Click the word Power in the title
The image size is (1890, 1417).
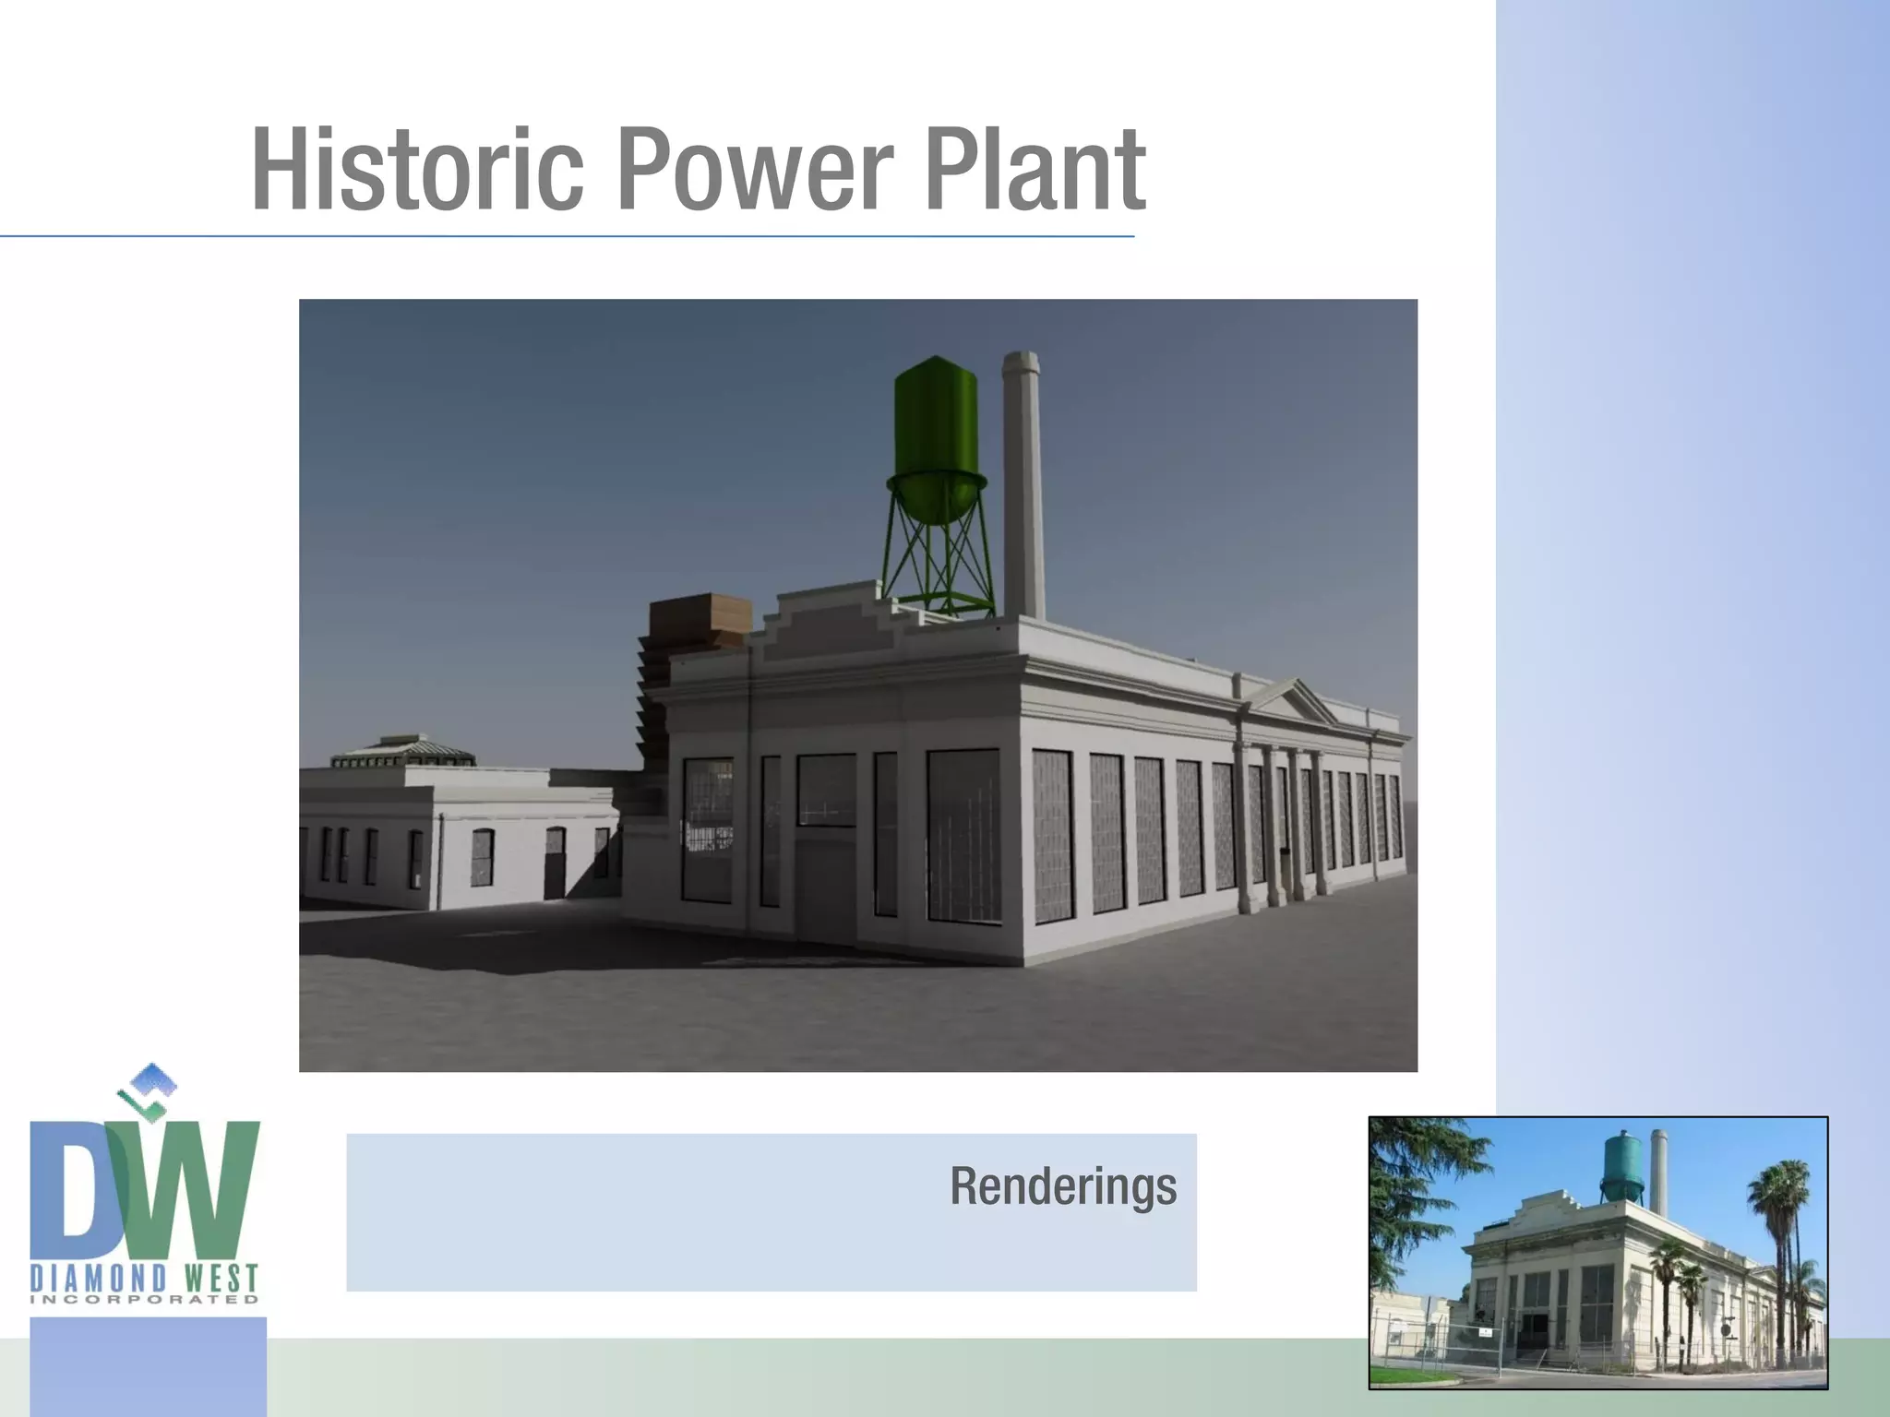click(755, 171)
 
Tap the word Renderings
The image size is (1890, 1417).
click(1063, 1186)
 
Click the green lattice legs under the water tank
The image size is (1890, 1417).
click(938, 554)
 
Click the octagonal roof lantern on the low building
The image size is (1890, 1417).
click(403, 752)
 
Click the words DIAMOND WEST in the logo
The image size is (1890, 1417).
click(145, 1279)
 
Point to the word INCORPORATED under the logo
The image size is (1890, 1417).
click(145, 1300)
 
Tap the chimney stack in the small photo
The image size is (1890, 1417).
click(1658, 1172)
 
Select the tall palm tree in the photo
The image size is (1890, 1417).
click(1776, 1227)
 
